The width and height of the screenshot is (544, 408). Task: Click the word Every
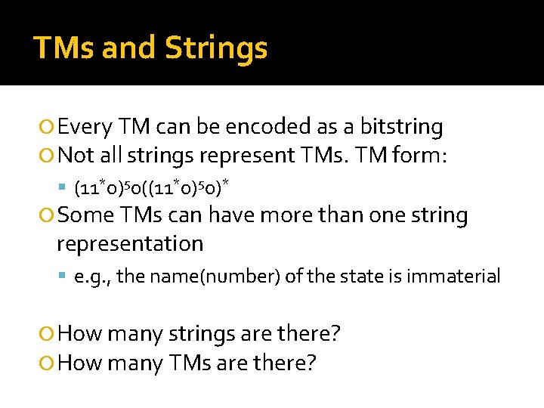click(85, 126)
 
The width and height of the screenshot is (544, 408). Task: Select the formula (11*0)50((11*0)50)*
click(149, 186)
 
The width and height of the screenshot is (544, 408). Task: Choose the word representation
click(130, 243)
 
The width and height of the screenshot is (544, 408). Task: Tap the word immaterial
click(453, 276)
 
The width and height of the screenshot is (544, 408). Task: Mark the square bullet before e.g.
click(63, 277)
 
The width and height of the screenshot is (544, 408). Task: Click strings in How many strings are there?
click(213, 333)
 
